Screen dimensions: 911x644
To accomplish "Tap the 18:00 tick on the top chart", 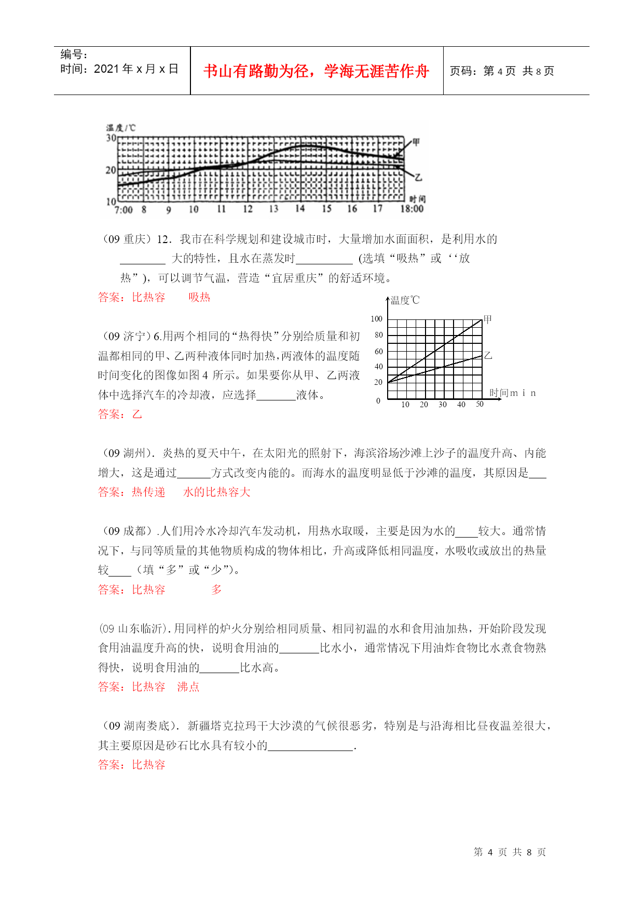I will [x=412, y=209].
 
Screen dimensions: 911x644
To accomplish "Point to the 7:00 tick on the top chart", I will [x=124, y=210].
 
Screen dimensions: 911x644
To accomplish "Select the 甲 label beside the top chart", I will [x=416, y=142].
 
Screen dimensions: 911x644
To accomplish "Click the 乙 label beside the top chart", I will [x=418, y=178].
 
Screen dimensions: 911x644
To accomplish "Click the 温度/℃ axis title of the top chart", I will [x=120, y=128].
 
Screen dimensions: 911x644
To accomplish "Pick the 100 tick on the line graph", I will [x=376, y=319].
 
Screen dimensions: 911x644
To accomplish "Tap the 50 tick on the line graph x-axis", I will [x=479, y=404].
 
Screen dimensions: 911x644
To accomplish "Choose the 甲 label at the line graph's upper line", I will [x=487, y=319].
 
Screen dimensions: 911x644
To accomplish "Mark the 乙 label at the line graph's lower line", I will [x=488, y=356].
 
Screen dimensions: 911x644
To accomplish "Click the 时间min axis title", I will [x=512, y=393].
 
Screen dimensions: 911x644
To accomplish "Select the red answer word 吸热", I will [x=199, y=297].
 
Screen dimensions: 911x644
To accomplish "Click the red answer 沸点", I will [x=188, y=687].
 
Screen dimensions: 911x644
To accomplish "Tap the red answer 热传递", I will [x=148, y=492].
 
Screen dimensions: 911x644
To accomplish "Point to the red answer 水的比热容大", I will [x=217, y=492].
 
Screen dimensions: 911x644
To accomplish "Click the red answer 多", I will [x=216, y=590].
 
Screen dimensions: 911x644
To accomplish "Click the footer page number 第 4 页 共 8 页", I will [x=510, y=852].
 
